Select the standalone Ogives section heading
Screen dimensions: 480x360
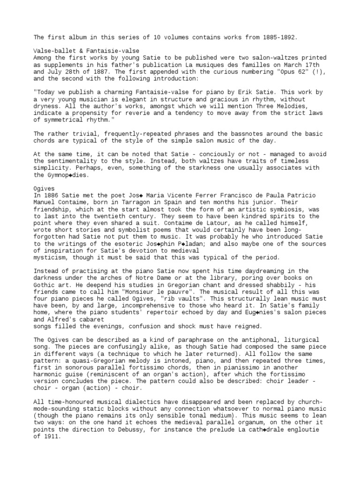click(44, 188)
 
